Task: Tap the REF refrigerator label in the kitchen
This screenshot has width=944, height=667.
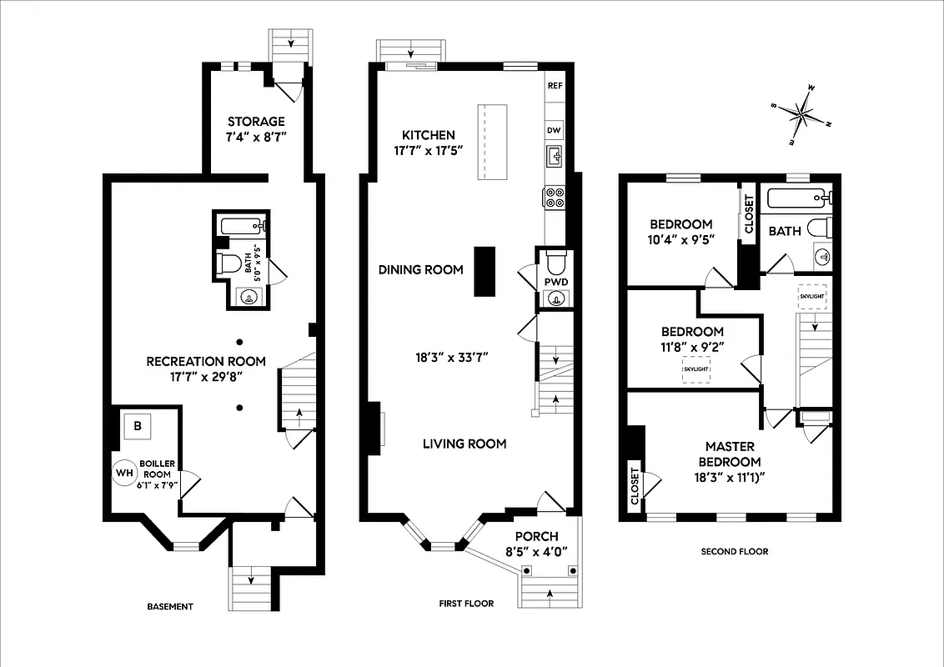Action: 555,86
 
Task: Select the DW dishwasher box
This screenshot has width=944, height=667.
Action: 555,130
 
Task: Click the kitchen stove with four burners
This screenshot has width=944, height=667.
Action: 555,198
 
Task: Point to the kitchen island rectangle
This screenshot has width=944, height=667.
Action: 492,142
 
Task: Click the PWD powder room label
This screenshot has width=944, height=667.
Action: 556,282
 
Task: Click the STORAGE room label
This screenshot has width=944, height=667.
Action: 256,122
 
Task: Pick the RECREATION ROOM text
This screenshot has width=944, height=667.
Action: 206,361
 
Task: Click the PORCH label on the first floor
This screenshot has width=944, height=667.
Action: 536,536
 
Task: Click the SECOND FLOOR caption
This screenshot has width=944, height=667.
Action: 734,551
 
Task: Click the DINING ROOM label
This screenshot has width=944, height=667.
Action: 420,269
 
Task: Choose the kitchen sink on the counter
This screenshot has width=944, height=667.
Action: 555,156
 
